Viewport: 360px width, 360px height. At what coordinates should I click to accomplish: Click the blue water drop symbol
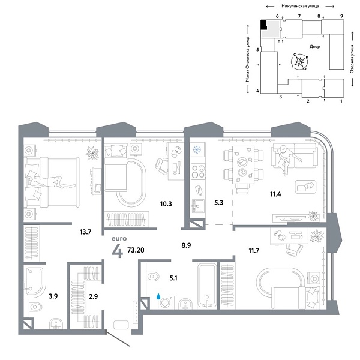pos(158,296)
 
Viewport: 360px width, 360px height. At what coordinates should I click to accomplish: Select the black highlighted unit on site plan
pos(263,25)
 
